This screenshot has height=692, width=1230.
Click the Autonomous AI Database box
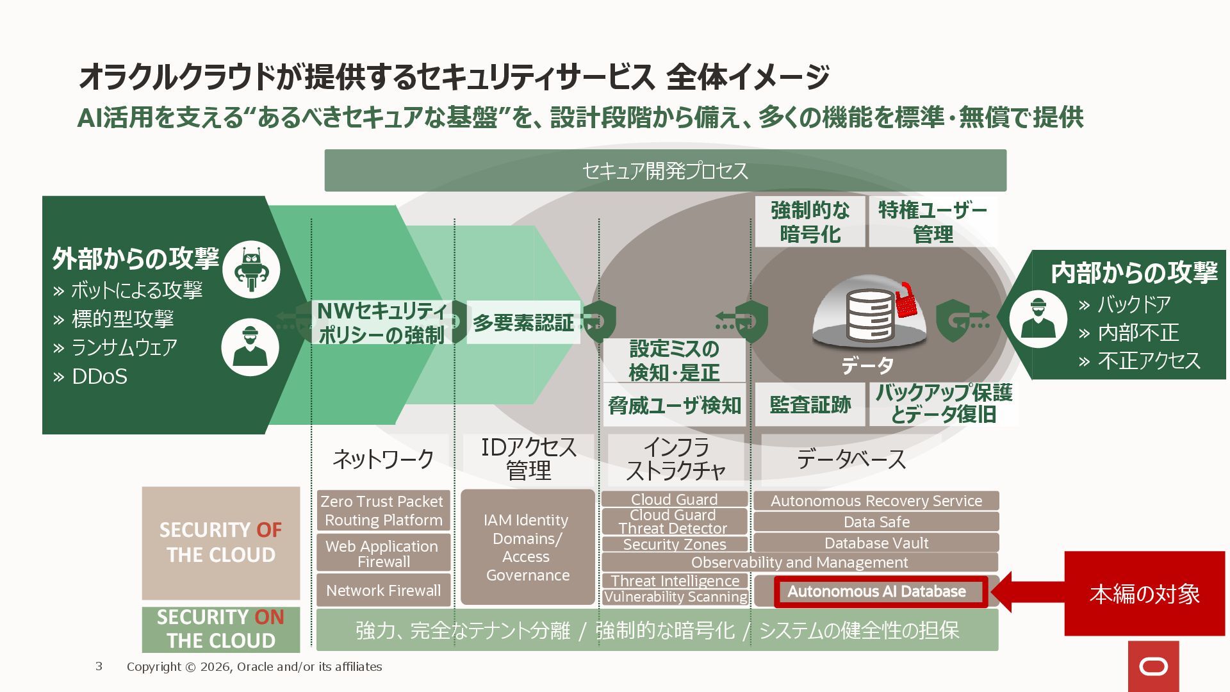[876, 591]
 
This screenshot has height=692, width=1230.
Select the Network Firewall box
[383, 590]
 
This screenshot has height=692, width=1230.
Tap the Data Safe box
[876, 522]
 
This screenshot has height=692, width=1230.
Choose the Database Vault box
[876, 543]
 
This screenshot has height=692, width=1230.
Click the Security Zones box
[675, 545]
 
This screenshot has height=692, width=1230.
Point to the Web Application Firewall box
[383, 554]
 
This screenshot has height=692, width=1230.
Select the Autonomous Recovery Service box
[876, 500]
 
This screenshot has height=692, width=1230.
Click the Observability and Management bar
[799, 562]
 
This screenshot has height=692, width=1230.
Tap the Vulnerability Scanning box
[675, 597]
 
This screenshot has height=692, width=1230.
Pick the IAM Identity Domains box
[527, 547]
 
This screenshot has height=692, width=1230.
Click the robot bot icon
[251, 269]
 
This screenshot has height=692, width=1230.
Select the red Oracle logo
[1153, 667]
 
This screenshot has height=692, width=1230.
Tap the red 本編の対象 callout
[1144, 594]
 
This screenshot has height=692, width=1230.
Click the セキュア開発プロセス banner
[665, 170]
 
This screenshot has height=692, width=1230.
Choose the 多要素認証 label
[523, 322]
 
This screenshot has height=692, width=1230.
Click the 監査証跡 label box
[810, 405]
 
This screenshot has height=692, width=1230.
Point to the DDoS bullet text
[99, 376]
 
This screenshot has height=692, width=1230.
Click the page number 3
[99, 666]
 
